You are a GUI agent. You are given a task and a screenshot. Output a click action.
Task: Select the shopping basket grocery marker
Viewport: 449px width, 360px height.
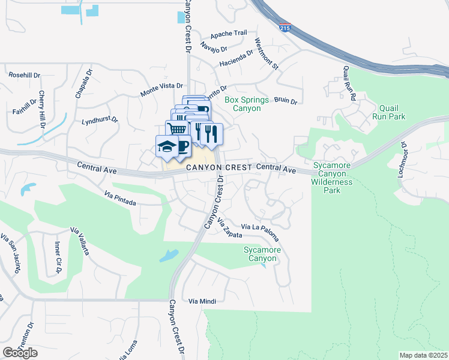pos(175,129)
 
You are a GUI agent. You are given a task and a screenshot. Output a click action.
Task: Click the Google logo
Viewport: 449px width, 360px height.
pos(20,353)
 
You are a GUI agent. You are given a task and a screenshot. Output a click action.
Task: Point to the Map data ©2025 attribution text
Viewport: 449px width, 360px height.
pos(423,355)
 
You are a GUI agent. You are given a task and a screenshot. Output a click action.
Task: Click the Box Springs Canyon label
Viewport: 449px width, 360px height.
pos(243,104)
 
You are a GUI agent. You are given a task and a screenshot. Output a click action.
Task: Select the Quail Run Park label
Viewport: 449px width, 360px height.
pos(389,112)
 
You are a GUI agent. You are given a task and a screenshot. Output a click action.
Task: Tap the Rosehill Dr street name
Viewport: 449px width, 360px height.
pos(24,76)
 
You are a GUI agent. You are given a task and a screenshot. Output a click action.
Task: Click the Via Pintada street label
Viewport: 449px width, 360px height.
pos(120,199)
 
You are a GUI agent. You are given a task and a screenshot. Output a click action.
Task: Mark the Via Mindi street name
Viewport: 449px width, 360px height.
pos(202,301)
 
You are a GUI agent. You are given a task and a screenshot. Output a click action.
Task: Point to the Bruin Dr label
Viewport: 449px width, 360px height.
pos(286,101)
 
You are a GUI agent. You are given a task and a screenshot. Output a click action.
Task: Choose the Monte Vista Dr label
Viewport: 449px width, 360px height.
pos(161,90)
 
